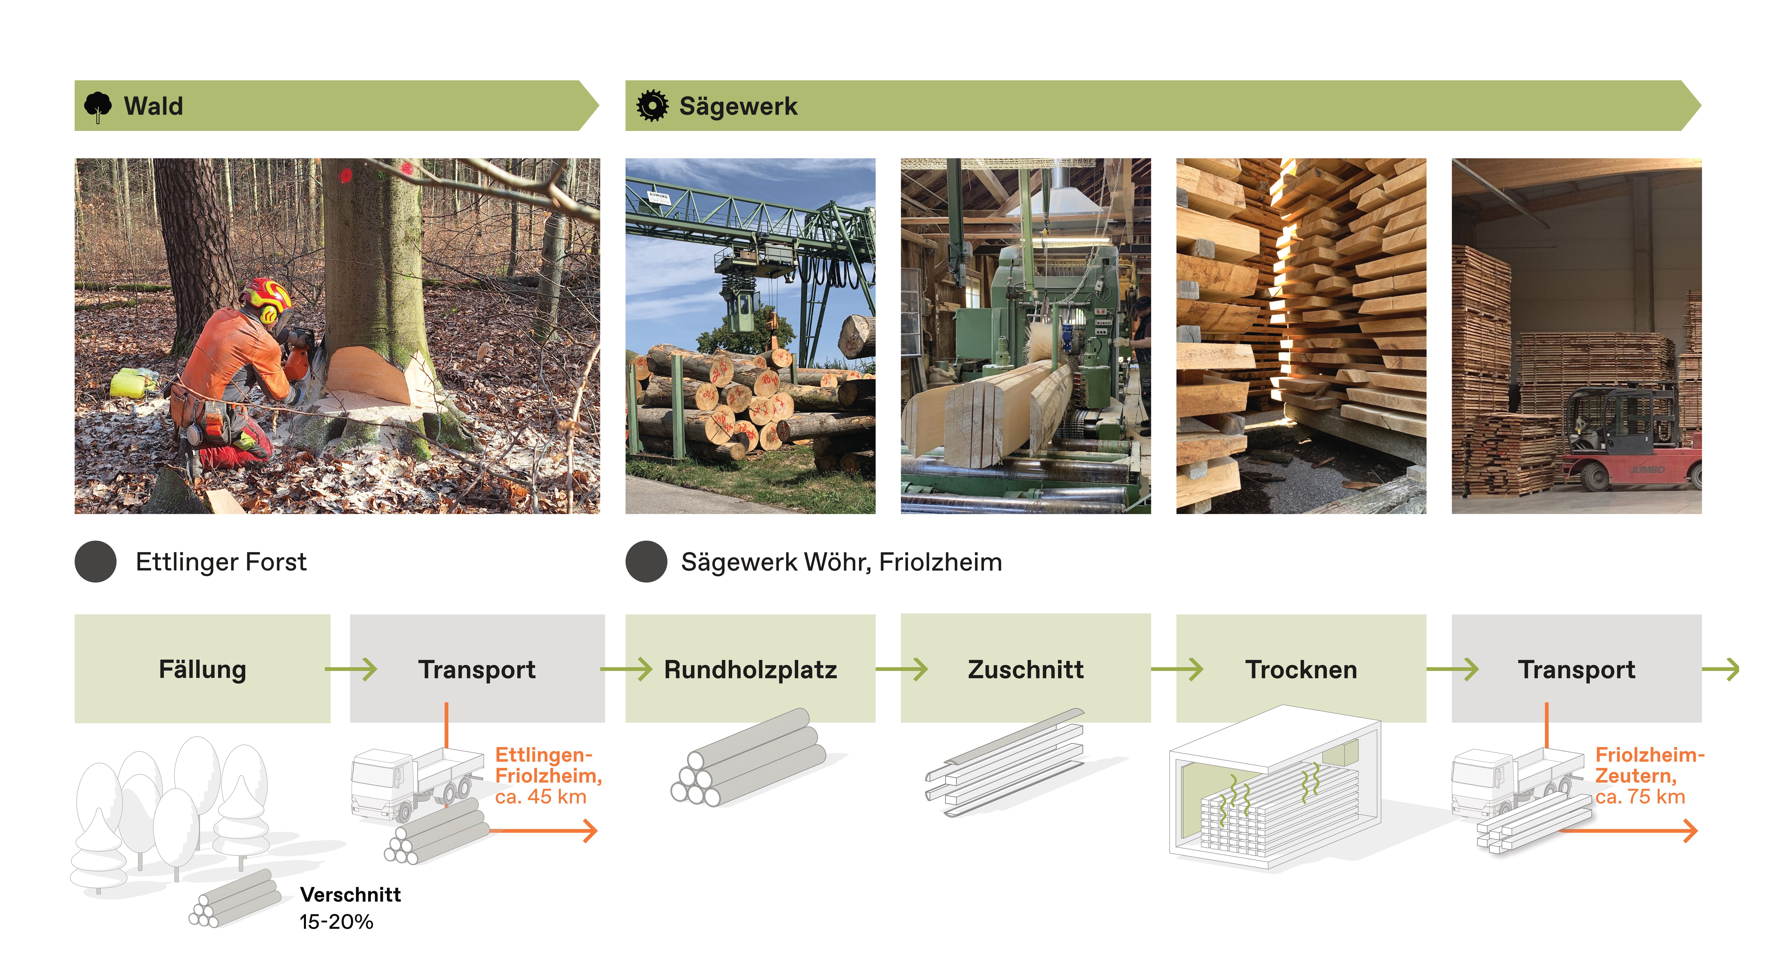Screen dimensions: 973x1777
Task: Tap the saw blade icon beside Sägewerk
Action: click(652, 106)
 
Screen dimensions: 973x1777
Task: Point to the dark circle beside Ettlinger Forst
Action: click(95, 561)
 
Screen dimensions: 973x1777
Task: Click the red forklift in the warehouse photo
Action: click(1628, 441)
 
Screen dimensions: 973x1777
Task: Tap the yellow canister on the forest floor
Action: click(133, 383)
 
